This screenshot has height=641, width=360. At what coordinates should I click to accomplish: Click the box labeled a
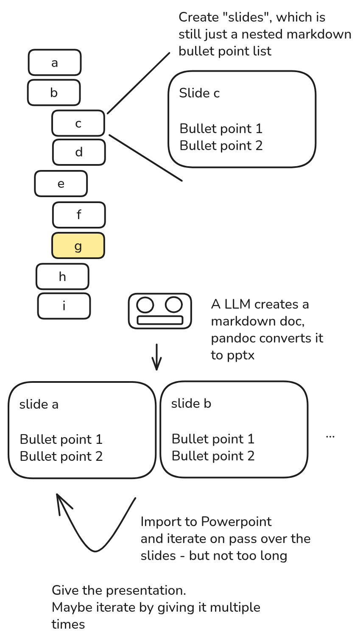click(x=55, y=63)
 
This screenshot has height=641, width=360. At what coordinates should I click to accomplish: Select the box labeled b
click(x=54, y=92)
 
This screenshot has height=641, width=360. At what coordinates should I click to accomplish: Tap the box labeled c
click(x=78, y=123)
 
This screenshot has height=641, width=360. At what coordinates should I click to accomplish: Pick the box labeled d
click(x=79, y=152)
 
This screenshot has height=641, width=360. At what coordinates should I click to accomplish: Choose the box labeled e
click(x=61, y=184)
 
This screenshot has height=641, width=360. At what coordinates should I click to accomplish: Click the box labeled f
click(x=79, y=215)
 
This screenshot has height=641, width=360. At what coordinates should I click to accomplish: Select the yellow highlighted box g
click(x=78, y=246)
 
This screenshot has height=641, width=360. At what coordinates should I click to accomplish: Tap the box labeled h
click(x=62, y=277)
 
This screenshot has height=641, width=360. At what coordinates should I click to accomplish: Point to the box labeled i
click(x=64, y=306)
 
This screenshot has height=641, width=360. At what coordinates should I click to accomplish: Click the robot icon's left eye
click(x=145, y=305)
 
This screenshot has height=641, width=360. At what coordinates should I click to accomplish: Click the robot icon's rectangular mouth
click(x=160, y=320)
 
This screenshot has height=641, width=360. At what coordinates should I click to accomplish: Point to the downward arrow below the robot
click(x=157, y=357)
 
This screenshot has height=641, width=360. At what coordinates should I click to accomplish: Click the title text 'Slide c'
click(x=199, y=93)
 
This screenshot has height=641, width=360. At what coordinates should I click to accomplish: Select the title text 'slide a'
click(x=39, y=404)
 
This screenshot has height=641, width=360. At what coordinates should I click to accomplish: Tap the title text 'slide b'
click(x=191, y=404)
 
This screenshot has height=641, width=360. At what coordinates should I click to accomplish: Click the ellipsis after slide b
click(x=330, y=436)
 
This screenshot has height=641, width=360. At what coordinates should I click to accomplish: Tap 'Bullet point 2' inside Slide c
click(x=221, y=146)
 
